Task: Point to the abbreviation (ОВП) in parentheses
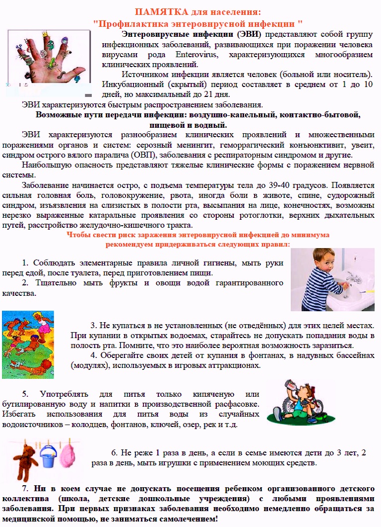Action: click(142, 155)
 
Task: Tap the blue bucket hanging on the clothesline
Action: click(50, 457)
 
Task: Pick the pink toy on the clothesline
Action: click(69, 457)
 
